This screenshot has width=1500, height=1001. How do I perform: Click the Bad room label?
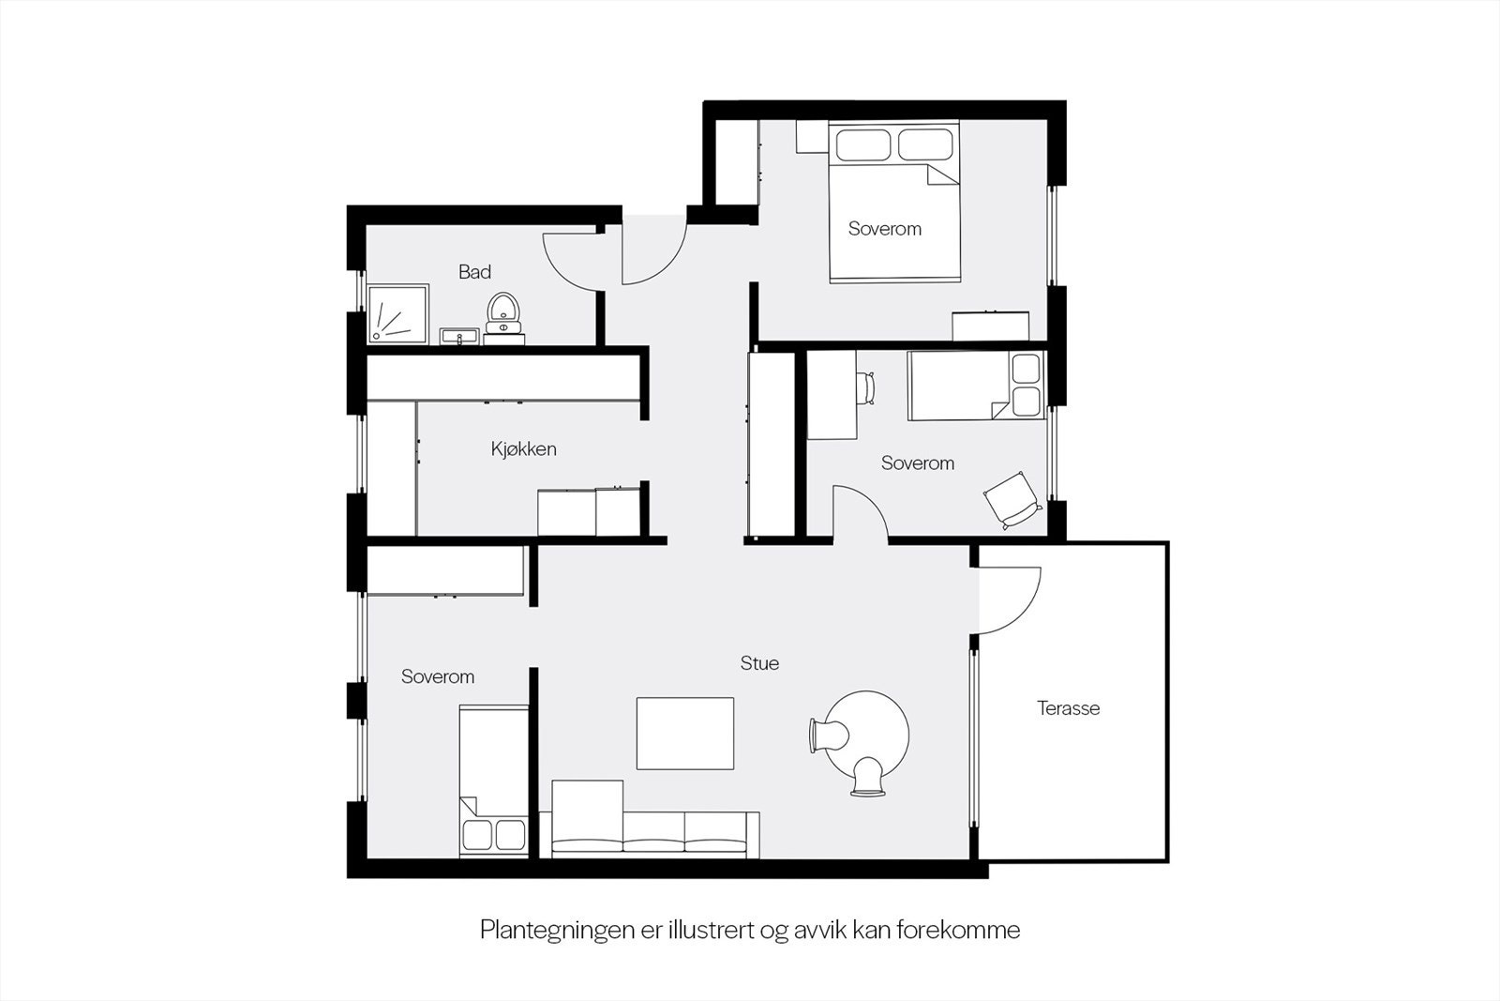[x=474, y=272]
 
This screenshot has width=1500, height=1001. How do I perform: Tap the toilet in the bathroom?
[x=503, y=311]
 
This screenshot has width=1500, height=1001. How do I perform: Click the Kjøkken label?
[x=523, y=449]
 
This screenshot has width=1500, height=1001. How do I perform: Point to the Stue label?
[x=759, y=663]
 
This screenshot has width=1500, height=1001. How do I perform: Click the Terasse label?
[x=1068, y=708]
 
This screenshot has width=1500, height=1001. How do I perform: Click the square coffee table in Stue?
[x=685, y=733]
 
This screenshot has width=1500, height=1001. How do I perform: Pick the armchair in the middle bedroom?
[x=1012, y=498]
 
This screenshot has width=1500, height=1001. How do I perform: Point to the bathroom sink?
[x=458, y=336]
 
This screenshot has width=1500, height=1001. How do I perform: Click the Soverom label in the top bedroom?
[x=884, y=229]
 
